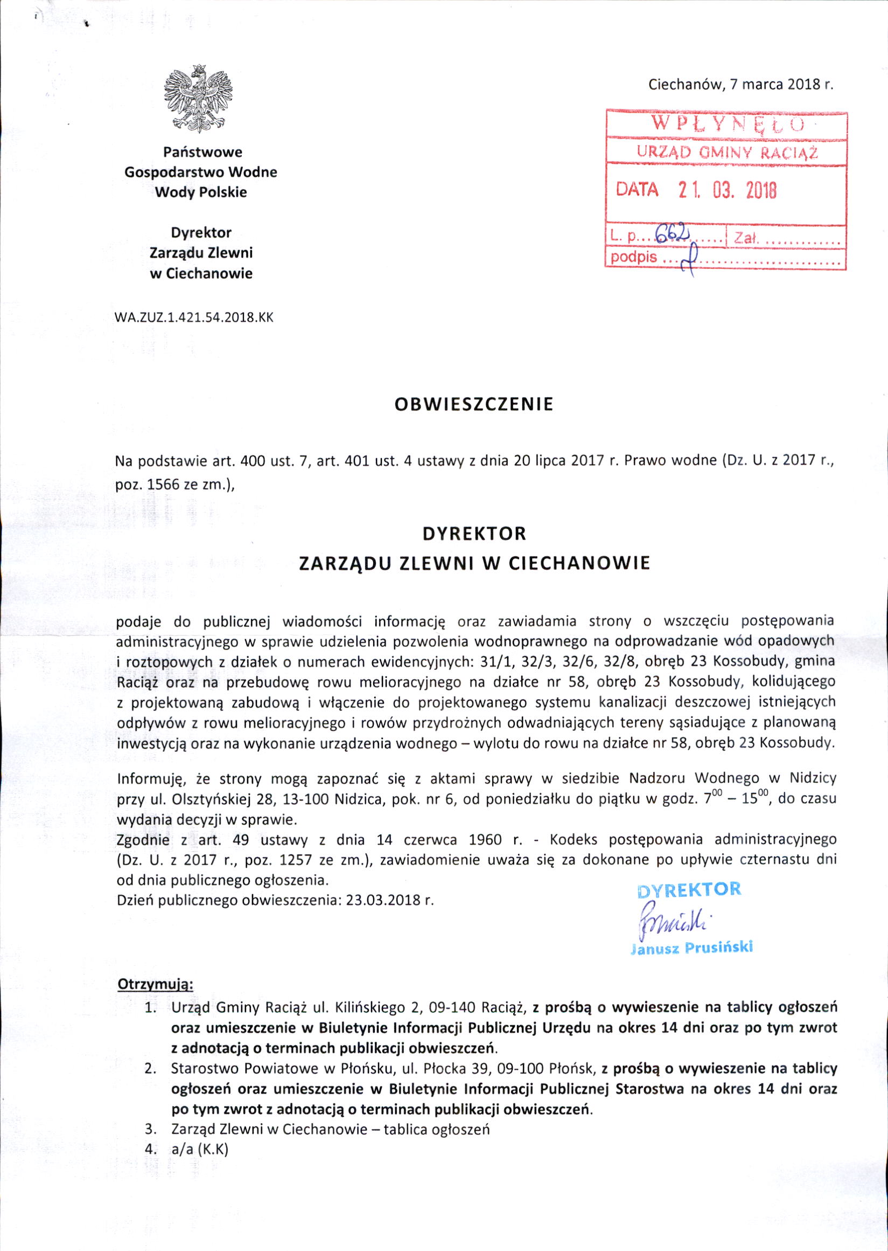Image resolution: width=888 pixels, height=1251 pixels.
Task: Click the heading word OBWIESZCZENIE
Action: (474, 404)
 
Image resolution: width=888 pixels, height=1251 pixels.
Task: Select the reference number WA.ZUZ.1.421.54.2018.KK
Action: (193, 317)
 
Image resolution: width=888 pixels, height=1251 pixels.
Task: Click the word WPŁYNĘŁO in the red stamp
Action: (726, 123)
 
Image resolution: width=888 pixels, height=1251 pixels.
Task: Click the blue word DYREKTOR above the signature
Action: (689, 889)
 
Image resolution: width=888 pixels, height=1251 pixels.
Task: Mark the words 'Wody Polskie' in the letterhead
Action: (201, 192)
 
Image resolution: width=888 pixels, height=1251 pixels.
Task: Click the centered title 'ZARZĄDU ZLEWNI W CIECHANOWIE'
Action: (474, 563)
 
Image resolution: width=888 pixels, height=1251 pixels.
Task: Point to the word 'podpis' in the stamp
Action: (633, 257)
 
